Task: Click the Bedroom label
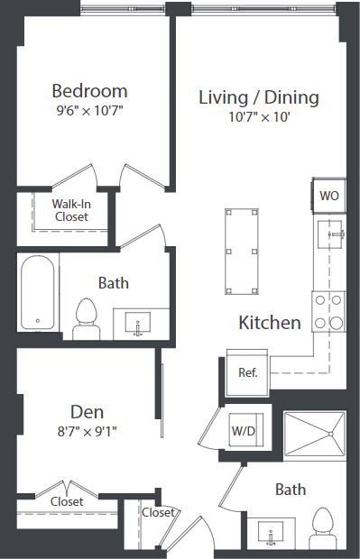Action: click(89, 91)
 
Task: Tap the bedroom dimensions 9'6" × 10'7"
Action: click(89, 110)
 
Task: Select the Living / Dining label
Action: click(259, 96)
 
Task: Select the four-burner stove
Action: click(329, 311)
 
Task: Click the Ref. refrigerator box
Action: click(248, 371)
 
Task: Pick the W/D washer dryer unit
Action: click(244, 431)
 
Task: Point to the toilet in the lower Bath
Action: click(322, 528)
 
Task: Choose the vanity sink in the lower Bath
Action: click(271, 534)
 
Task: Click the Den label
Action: click(88, 412)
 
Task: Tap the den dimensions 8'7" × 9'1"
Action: click(88, 431)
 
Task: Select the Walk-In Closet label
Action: click(71, 210)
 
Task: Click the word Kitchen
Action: click(269, 323)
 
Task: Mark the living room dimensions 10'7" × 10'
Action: click(259, 115)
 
